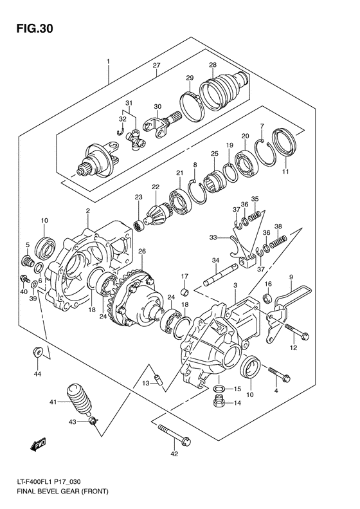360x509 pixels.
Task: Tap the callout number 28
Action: click(213, 65)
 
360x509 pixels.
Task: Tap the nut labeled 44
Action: click(37, 353)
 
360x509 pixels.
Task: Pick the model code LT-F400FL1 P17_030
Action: click(48, 488)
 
